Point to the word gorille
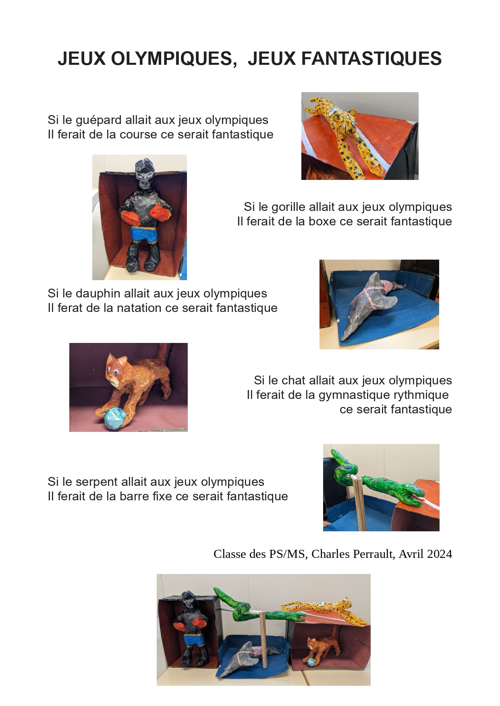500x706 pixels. click(x=291, y=207)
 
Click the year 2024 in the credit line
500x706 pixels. click(x=440, y=554)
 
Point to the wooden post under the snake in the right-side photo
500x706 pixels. click(x=360, y=504)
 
